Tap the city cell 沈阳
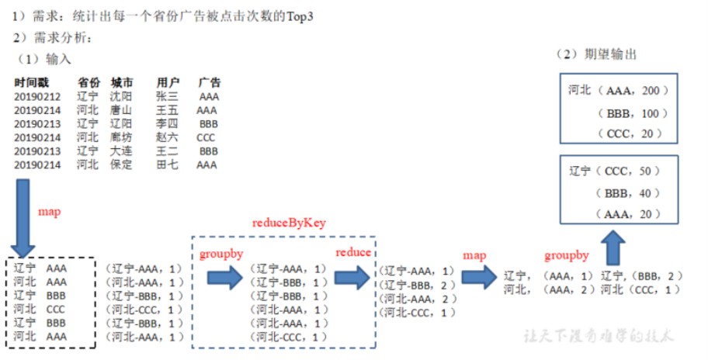pos(121,97)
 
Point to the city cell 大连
pos(121,151)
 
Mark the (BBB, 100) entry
pos(633,113)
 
